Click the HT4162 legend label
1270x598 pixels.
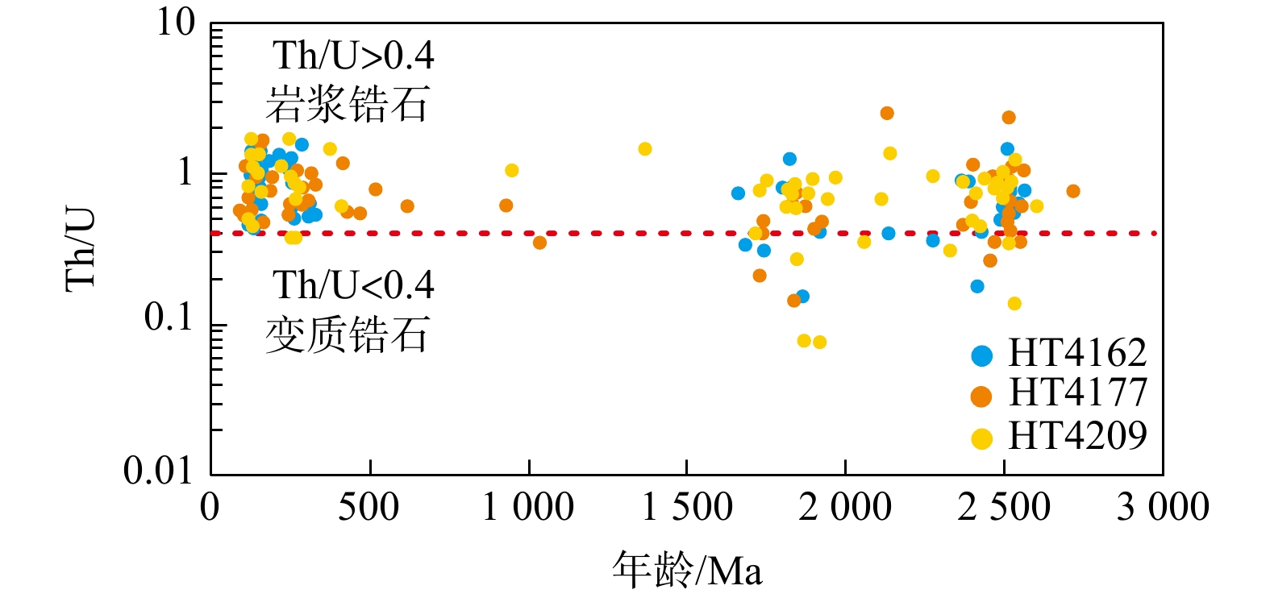pos(1076,354)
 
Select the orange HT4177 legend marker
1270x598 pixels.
pos(981,397)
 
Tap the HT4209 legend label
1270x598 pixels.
pos(1076,436)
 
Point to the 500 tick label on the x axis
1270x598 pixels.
pos(369,508)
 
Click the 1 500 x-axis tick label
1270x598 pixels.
pos(686,508)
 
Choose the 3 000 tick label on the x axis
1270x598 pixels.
pos(1162,508)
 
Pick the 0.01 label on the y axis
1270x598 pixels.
pos(160,470)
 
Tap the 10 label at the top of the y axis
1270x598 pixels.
pos(176,23)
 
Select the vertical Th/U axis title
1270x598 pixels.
pos(81,248)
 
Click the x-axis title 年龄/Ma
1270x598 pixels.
pos(686,571)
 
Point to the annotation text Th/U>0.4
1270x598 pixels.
pos(353,56)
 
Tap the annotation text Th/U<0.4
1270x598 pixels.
pos(353,285)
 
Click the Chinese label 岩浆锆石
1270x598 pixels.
pos(347,104)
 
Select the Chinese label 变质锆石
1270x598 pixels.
pos(347,334)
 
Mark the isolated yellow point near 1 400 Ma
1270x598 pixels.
pos(644,149)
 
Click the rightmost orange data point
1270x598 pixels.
pos(1072,191)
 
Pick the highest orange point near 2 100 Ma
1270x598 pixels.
pos(887,114)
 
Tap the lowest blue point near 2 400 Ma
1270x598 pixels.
pos(977,286)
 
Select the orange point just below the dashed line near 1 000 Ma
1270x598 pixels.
pos(539,243)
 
